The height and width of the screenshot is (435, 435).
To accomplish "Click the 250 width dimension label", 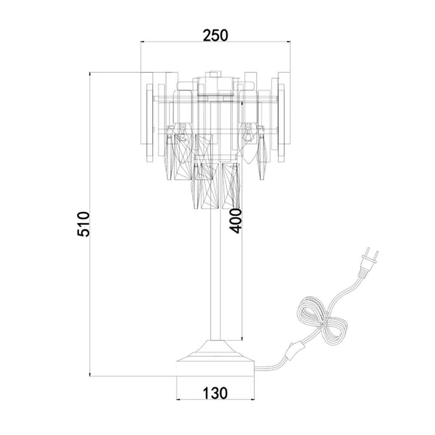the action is point(216,35).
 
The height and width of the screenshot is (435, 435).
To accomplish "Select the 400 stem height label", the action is point(236,221).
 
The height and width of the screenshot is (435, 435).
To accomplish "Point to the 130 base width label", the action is point(215,393).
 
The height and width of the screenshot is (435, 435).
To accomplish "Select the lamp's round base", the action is point(216,368).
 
